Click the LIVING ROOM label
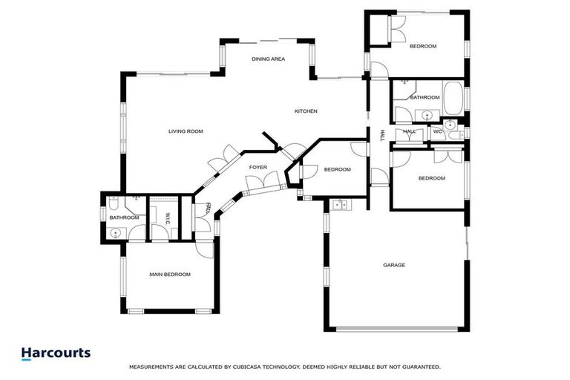(186, 131)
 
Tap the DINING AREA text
(268, 59)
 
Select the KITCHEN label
(306, 111)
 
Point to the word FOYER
(258, 168)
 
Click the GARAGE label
(393, 265)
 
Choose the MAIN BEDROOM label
(170, 275)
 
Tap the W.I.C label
(168, 217)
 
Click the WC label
(437, 132)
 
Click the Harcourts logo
(56, 353)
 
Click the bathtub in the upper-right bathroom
(453, 97)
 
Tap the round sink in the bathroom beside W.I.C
(115, 233)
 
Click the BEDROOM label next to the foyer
(337, 170)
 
